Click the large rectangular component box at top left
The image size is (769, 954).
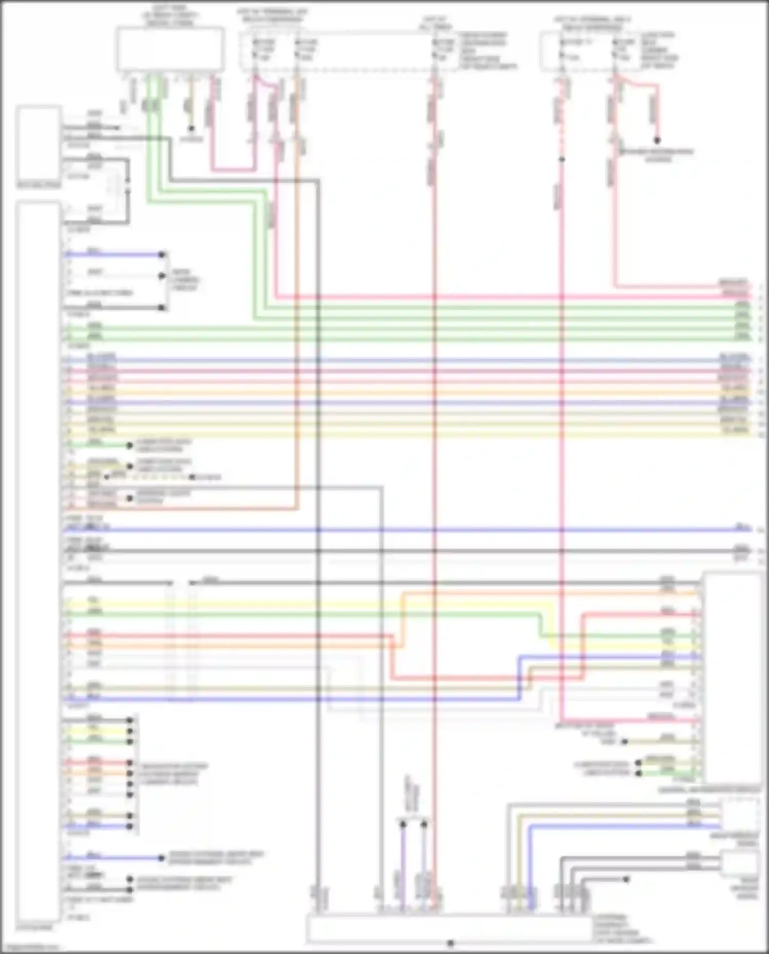pyautogui.click(x=170, y=49)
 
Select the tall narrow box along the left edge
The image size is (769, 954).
pyautogui.click(x=38, y=561)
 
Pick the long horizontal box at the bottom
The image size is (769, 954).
pyautogui.click(x=450, y=928)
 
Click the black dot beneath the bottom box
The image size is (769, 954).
pyautogui.click(x=451, y=943)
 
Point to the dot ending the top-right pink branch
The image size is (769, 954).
pyautogui.click(x=657, y=140)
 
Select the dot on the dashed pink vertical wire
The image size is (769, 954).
pyautogui.click(x=562, y=159)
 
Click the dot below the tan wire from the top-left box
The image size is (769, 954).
pyautogui.click(x=191, y=129)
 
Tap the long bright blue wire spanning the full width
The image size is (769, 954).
pyautogui.click(x=410, y=530)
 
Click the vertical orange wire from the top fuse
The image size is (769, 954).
pyautogui.click(x=296, y=308)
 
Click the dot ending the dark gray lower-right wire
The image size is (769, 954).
pyautogui.click(x=626, y=879)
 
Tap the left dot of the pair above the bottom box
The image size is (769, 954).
pyautogui.click(x=403, y=824)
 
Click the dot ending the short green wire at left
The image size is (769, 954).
pyautogui.click(x=129, y=445)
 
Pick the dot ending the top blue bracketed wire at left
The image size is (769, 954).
pyautogui.click(x=161, y=254)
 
